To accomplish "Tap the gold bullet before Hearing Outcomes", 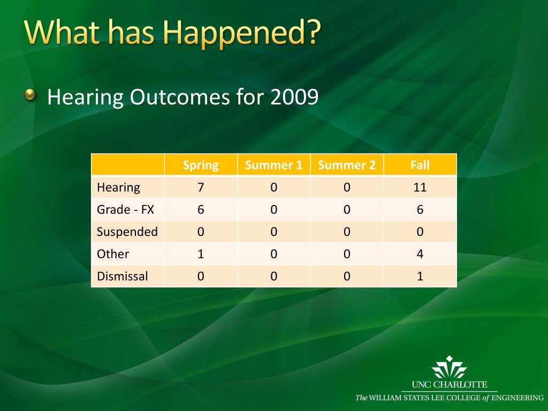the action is pos(30,94).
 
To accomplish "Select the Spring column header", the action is pos(201,165).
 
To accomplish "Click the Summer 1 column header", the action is pos(273,165).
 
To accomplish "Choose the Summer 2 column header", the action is pos(347,165).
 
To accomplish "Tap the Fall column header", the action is pos(420,165).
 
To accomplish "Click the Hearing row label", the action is pos(118,188).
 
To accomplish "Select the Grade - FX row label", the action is pos(125,210).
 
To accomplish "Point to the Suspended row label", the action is pos(127,232).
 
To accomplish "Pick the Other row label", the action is pos(113,254).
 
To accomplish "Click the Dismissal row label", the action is pos(123,277).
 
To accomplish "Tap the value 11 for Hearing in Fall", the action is pos(420,188).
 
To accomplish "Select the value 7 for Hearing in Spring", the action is pos(201,188).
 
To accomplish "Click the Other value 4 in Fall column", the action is pos(420,254).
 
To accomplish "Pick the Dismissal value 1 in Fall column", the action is pos(420,277).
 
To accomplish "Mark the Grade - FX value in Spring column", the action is pos(201,210).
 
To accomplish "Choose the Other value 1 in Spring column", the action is pos(201,254).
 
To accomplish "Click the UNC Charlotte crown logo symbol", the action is pos(450,367).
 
